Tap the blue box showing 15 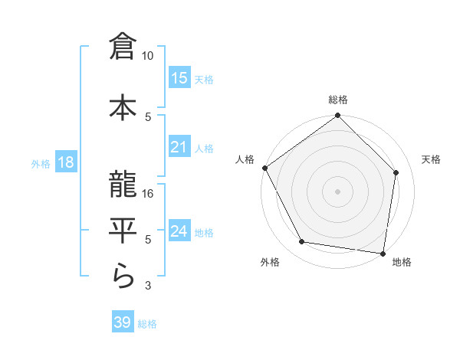tap(179, 78)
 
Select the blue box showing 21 tap(179, 147)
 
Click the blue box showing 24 tap(179, 231)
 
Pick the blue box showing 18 tap(66, 162)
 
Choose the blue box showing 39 tap(123, 322)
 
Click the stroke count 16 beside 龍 tap(149, 194)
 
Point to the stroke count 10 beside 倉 tap(148, 56)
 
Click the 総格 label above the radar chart tap(338, 100)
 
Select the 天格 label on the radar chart tap(432, 159)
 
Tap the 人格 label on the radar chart tap(245, 159)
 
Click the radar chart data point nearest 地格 tap(383, 253)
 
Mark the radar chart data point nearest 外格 tap(302, 243)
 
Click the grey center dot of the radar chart tap(337, 191)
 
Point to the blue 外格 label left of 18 tap(40, 163)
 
